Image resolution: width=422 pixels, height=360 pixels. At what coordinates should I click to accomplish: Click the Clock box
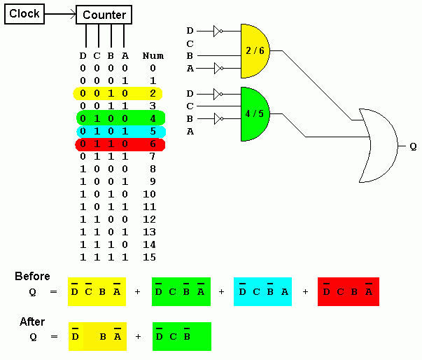click(x=24, y=14)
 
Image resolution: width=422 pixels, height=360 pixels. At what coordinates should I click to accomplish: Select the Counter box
click(x=104, y=15)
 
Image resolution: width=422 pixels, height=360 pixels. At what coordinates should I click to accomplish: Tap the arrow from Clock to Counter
click(x=60, y=14)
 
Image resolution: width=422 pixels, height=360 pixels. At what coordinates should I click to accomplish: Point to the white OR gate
click(x=377, y=145)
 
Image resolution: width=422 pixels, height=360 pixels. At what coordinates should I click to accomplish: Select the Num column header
click(x=153, y=55)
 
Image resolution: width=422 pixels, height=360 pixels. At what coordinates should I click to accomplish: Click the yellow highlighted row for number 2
click(x=118, y=93)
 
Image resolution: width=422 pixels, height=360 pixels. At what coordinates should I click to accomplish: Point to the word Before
click(x=32, y=277)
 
